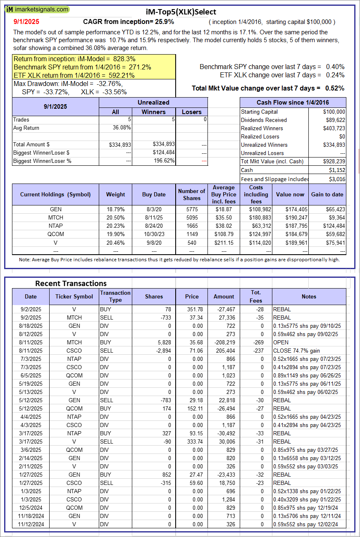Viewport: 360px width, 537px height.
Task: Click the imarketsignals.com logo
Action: point(38,9)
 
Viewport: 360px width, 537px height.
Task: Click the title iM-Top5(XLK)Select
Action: point(181,12)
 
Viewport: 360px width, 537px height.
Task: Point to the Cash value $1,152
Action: point(338,170)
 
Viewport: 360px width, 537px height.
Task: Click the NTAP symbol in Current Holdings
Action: point(55,226)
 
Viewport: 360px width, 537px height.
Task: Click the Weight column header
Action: point(115,194)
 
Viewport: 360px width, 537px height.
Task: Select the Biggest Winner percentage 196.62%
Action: point(163,161)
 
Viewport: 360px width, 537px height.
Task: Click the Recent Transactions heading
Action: point(71,283)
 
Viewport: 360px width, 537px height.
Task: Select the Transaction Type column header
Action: point(115,296)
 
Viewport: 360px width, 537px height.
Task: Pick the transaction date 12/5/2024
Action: point(30,508)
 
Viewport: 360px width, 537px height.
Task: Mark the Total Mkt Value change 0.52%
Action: point(335,88)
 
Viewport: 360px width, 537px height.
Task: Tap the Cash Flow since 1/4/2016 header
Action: point(293,103)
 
